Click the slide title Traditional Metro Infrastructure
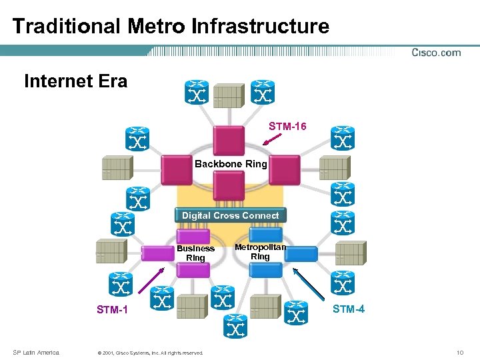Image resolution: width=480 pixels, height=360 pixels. pyautogui.click(x=171, y=26)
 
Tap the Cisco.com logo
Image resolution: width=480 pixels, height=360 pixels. pyautogui.click(x=436, y=53)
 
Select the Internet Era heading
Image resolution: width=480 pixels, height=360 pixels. pyautogui.click(x=75, y=81)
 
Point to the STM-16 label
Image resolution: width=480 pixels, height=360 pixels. pyautogui.click(x=287, y=126)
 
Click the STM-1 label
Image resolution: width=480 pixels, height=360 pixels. pyautogui.click(x=112, y=310)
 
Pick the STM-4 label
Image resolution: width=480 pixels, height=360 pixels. pyautogui.click(x=348, y=309)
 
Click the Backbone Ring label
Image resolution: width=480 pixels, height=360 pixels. pyautogui.click(x=231, y=164)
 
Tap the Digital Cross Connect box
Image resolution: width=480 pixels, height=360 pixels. pyautogui.click(x=231, y=215)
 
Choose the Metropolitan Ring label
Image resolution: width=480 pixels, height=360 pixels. pyautogui.click(x=260, y=251)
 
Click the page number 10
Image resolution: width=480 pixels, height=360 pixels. pyautogui.click(x=459, y=352)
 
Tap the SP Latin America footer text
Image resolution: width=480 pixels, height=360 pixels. pyautogui.click(x=36, y=352)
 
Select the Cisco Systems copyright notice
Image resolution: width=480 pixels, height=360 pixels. pyautogui.click(x=150, y=353)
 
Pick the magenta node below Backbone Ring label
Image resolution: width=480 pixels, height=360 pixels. pyautogui.click(x=229, y=185)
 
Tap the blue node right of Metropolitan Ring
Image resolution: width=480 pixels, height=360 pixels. pyautogui.click(x=302, y=254)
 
